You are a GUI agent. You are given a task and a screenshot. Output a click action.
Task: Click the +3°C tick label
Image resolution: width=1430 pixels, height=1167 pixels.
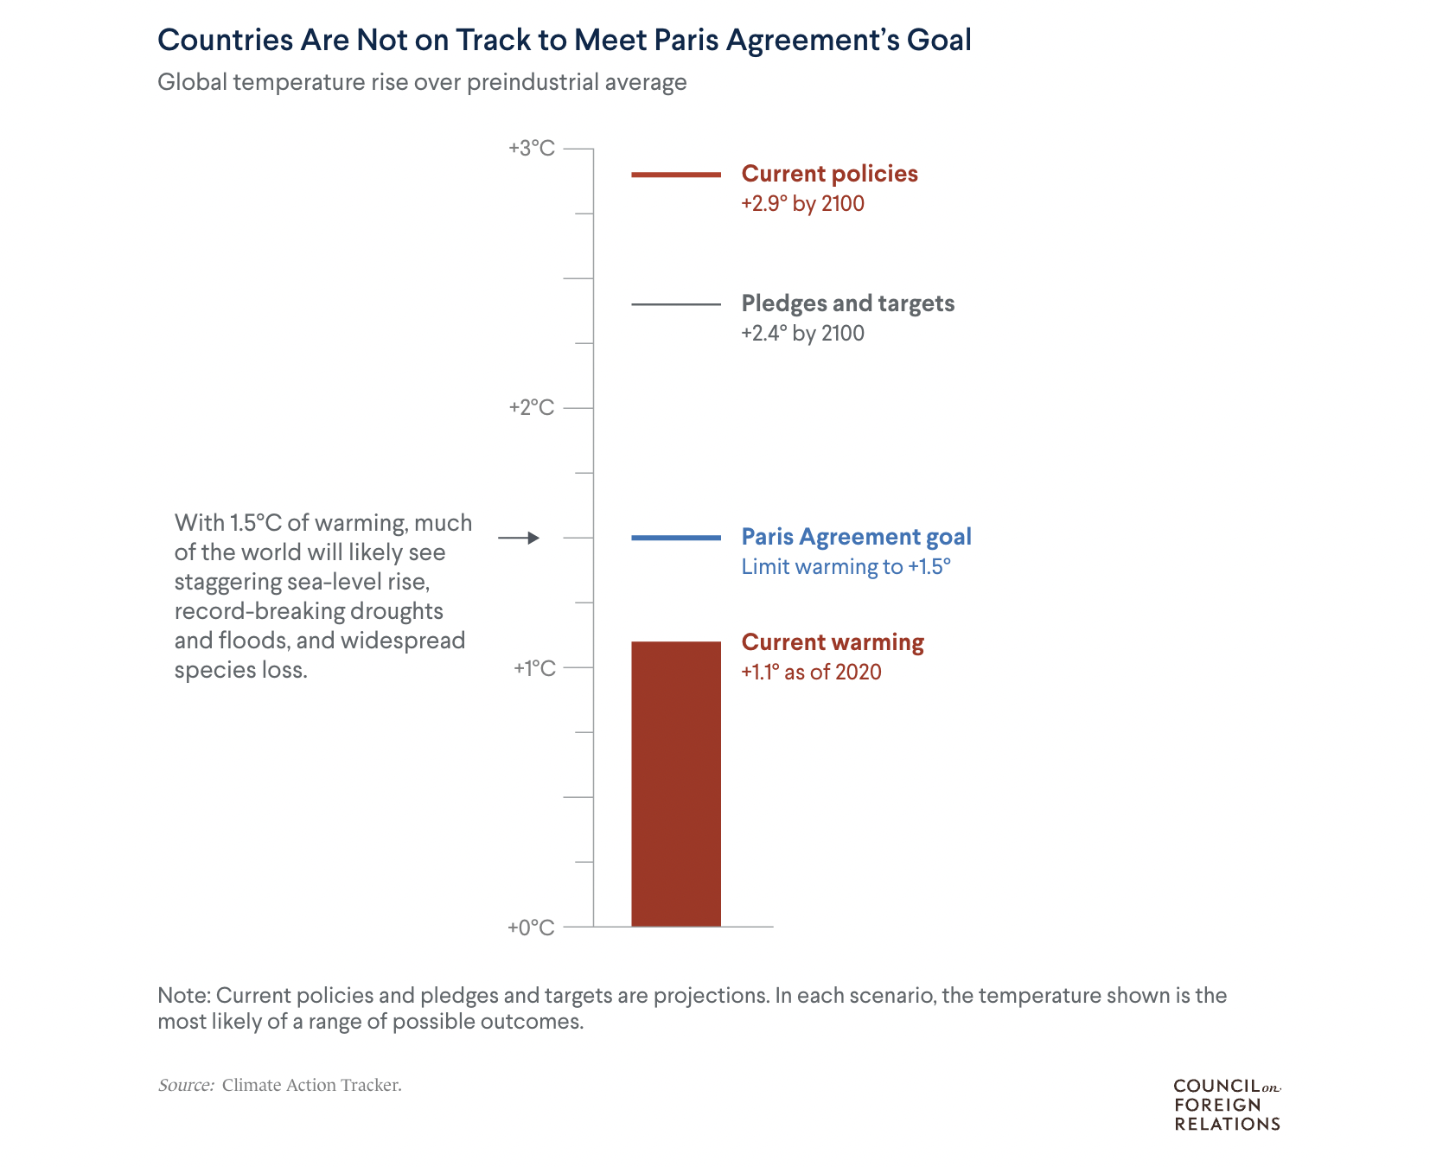point(532,149)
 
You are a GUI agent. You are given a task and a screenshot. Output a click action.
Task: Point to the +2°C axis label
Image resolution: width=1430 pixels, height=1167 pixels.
point(532,408)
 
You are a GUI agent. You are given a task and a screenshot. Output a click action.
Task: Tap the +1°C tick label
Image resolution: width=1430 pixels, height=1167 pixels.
point(534,667)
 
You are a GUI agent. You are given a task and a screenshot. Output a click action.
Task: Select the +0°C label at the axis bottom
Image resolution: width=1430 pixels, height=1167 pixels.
point(531,928)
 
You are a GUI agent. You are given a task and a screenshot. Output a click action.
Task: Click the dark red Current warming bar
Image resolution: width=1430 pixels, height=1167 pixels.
point(676,784)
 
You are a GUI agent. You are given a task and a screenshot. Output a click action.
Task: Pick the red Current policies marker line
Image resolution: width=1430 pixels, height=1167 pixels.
point(676,175)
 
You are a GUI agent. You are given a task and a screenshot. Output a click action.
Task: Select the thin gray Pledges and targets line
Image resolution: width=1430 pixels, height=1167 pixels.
point(676,304)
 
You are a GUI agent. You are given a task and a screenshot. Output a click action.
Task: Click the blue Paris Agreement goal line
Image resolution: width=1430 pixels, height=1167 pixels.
point(676,538)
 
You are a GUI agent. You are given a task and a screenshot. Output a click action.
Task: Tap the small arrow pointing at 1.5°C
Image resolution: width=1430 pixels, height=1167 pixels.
point(519,538)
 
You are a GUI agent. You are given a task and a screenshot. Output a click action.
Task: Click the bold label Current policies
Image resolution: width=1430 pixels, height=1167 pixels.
point(830,174)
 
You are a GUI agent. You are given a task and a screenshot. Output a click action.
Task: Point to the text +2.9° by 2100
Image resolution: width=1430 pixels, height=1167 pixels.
point(803,204)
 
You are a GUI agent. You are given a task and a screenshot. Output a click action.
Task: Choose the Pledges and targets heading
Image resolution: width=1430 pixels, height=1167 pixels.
point(848,303)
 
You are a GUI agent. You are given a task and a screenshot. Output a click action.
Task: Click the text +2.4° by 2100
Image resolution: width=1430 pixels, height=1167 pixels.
point(803,334)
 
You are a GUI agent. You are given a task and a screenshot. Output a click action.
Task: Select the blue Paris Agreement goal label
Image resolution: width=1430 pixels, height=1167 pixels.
point(857,537)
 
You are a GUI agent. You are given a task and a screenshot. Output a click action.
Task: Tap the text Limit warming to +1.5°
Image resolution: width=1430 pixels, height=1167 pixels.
point(846,567)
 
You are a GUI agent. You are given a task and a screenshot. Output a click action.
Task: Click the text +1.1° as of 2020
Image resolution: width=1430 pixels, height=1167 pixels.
point(812,673)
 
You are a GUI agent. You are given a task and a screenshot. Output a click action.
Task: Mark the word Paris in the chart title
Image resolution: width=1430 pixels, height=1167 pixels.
point(686,40)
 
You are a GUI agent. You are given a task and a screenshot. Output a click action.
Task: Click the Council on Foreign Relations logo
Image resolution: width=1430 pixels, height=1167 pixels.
point(1227,1105)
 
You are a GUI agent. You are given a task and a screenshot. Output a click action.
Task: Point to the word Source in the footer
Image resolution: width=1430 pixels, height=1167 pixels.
point(186,1085)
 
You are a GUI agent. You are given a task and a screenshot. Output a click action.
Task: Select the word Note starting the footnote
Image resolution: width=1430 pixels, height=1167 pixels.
point(184,996)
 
